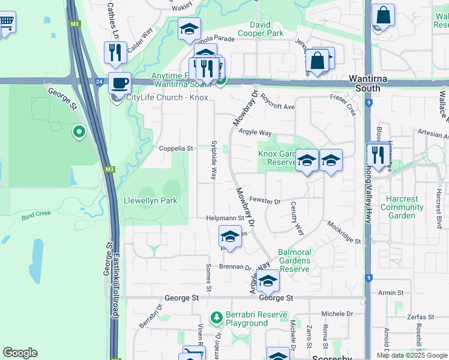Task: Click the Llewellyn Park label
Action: pyautogui.click(x=151, y=200)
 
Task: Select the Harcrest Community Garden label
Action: pyautogui.click(x=402, y=207)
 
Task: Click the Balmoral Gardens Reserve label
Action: pyautogui.click(x=294, y=260)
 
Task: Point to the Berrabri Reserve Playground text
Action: pyautogui.click(x=246, y=319)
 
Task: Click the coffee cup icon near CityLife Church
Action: pyautogui.click(x=120, y=82)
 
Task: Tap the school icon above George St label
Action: pyautogui.click(x=268, y=280)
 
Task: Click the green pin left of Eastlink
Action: pyautogui.click(x=78, y=131)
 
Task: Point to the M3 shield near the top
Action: pyautogui.click(x=74, y=25)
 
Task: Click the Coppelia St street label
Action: pyautogui.click(x=176, y=148)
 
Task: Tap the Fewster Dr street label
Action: pyautogui.click(x=265, y=202)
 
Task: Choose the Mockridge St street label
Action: pyautogui.click(x=343, y=233)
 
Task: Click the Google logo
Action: pyautogui.click(x=20, y=353)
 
